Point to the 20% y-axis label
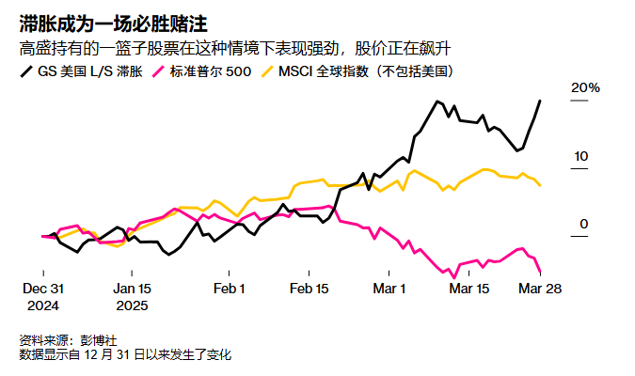point(585,87)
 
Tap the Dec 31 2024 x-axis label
point(43,296)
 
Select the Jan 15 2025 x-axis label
point(131,296)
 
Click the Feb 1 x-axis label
point(229,289)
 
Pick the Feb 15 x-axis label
point(310,289)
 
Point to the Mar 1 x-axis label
point(389,289)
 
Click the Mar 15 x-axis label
point(469,289)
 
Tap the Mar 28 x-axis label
point(540,289)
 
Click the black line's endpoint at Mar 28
point(540,101)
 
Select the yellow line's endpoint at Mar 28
point(540,185)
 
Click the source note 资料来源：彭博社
point(67,339)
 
